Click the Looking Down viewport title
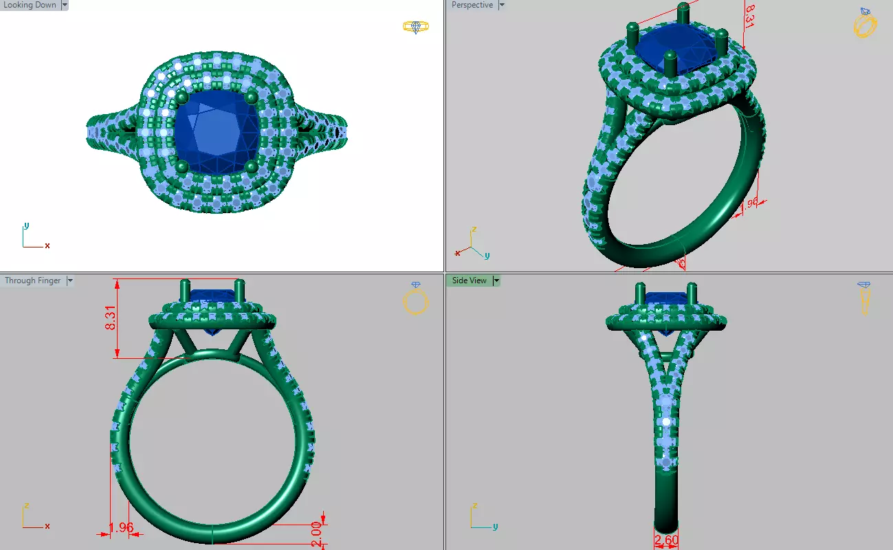coord(30,5)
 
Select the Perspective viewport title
coord(472,5)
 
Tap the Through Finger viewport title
coord(32,280)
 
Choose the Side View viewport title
coord(469,280)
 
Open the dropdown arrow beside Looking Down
coord(65,5)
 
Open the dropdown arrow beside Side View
coord(496,280)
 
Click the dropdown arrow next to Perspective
coord(501,5)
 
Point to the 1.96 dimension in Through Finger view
coord(121,528)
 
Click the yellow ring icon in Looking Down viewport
coord(415,27)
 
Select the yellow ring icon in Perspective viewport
coord(865,23)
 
